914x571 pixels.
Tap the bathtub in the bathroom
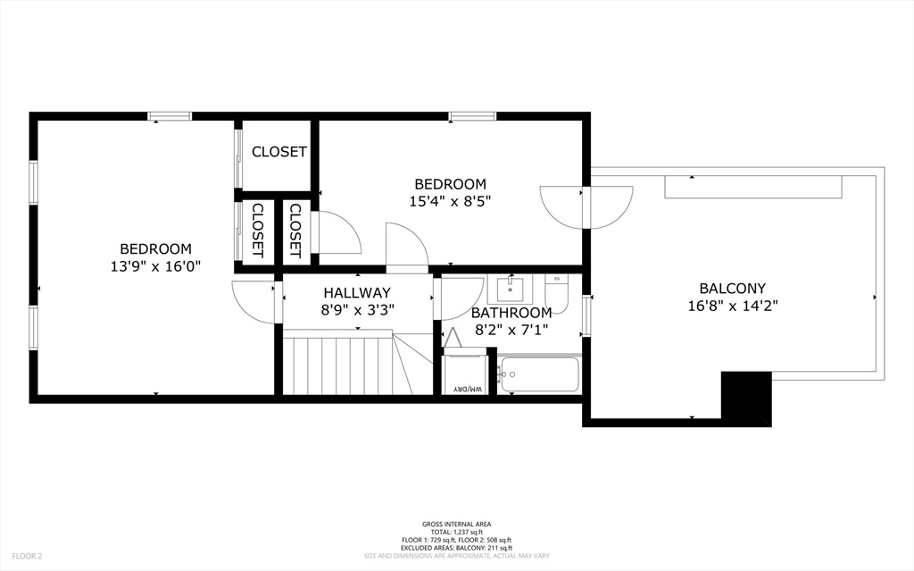click(540, 374)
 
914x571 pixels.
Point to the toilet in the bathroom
click(556, 292)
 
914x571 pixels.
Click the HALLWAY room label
click(357, 292)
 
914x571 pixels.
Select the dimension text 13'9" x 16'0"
click(156, 265)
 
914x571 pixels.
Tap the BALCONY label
click(732, 288)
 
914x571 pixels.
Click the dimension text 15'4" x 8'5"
click(450, 201)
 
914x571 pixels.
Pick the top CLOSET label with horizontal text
click(278, 152)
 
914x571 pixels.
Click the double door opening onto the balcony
click(586, 206)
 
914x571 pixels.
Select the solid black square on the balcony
click(745, 399)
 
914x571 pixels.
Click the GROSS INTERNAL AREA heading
click(456, 525)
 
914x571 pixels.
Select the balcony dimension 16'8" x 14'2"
click(732, 305)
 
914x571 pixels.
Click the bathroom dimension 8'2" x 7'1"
click(511, 329)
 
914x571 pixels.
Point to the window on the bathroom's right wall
click(586, 315)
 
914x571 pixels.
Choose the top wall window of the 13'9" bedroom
click(170, 116)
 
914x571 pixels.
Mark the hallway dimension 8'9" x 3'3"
click(357, 309)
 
